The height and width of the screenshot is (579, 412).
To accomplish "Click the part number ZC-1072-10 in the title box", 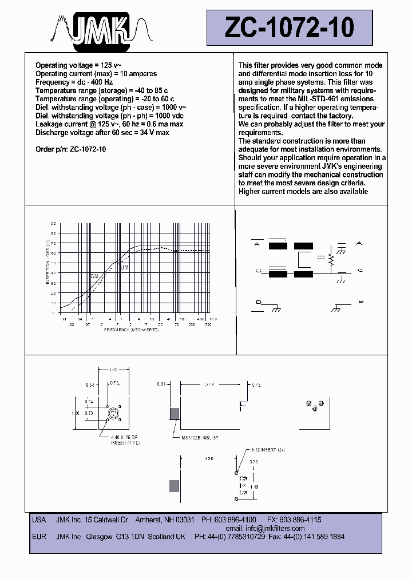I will tap(290, 27).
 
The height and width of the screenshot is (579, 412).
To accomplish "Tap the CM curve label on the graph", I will tap(94, 276).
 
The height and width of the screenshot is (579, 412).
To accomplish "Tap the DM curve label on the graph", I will tap(124, 267).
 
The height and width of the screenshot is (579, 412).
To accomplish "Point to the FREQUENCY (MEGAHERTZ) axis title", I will tap(131, 330).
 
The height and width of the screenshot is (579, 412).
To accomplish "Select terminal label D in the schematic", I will tap(258, 302).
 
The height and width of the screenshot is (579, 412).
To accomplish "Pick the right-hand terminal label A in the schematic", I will tap(359, 244).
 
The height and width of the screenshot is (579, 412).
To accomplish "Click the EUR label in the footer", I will tap(39, 537).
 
